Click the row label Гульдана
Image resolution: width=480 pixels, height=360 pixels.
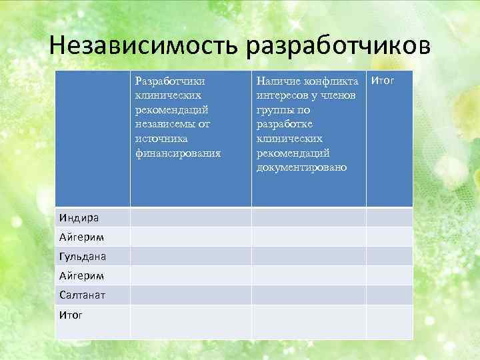point(83,256)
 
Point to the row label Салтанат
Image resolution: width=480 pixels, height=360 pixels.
point(83,295)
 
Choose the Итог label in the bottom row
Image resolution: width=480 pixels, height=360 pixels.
point(71,314)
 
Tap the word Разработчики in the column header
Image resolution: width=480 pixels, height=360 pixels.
point(169,81)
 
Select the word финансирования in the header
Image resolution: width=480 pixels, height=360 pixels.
point(177,153)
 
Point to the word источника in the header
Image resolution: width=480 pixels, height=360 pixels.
point(161,138)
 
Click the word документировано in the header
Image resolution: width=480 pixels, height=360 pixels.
point(301,167)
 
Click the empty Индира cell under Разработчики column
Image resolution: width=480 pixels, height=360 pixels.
point(190,217)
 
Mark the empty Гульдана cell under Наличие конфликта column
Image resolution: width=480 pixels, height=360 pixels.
point(308,256)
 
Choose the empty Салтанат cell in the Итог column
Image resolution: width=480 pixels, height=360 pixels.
point(389,295)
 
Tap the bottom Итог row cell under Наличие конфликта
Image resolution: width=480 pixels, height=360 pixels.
point(308,322)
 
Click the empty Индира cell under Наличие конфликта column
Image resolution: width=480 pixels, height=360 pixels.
point(308,217)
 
